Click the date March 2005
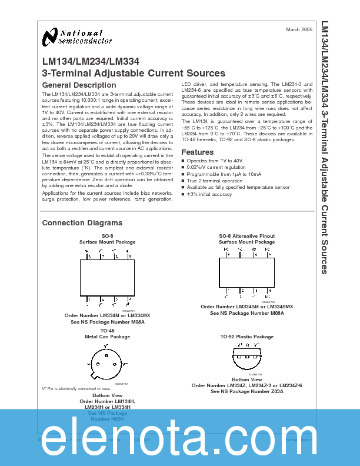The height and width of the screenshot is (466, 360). [299, 29]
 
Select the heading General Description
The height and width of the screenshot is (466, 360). [79, 85]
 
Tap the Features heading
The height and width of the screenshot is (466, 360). [197, 152]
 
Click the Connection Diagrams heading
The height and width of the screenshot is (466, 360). [82, 223]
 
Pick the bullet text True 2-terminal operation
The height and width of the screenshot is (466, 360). [214, 181]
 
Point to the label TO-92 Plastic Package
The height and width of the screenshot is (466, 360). [246, 337]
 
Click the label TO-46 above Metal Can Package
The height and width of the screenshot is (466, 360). [107, 331]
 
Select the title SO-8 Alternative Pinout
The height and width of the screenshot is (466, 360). [246, 236]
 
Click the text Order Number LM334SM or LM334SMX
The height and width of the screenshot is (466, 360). [246, 307]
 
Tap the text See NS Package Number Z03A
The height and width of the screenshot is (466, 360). [246, 391]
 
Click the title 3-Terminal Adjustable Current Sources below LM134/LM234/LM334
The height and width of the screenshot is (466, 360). [134, 74]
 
